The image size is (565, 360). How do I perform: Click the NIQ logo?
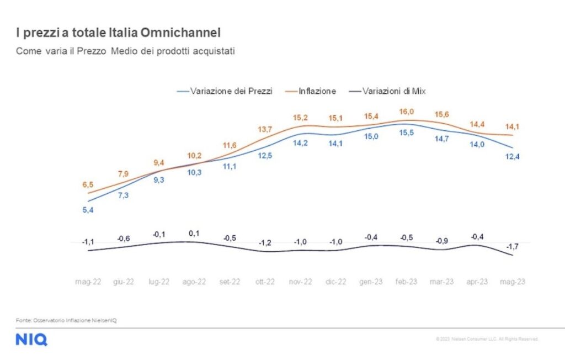coord(31,340)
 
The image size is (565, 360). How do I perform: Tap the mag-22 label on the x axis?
coord(88,282)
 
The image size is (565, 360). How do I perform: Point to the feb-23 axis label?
coord(406,282)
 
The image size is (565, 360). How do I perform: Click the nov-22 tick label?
coord(300,282)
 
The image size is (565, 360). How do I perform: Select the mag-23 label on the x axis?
coord(512,282)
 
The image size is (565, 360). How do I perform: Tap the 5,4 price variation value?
coord(88,210)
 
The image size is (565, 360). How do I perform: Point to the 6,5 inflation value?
coord(88,184)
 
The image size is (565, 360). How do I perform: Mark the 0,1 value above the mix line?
coord(194,234)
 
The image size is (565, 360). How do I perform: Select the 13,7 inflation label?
coord(265,129)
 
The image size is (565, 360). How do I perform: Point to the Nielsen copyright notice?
coord(486,339)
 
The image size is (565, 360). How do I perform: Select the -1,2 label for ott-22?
coord(265,242)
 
